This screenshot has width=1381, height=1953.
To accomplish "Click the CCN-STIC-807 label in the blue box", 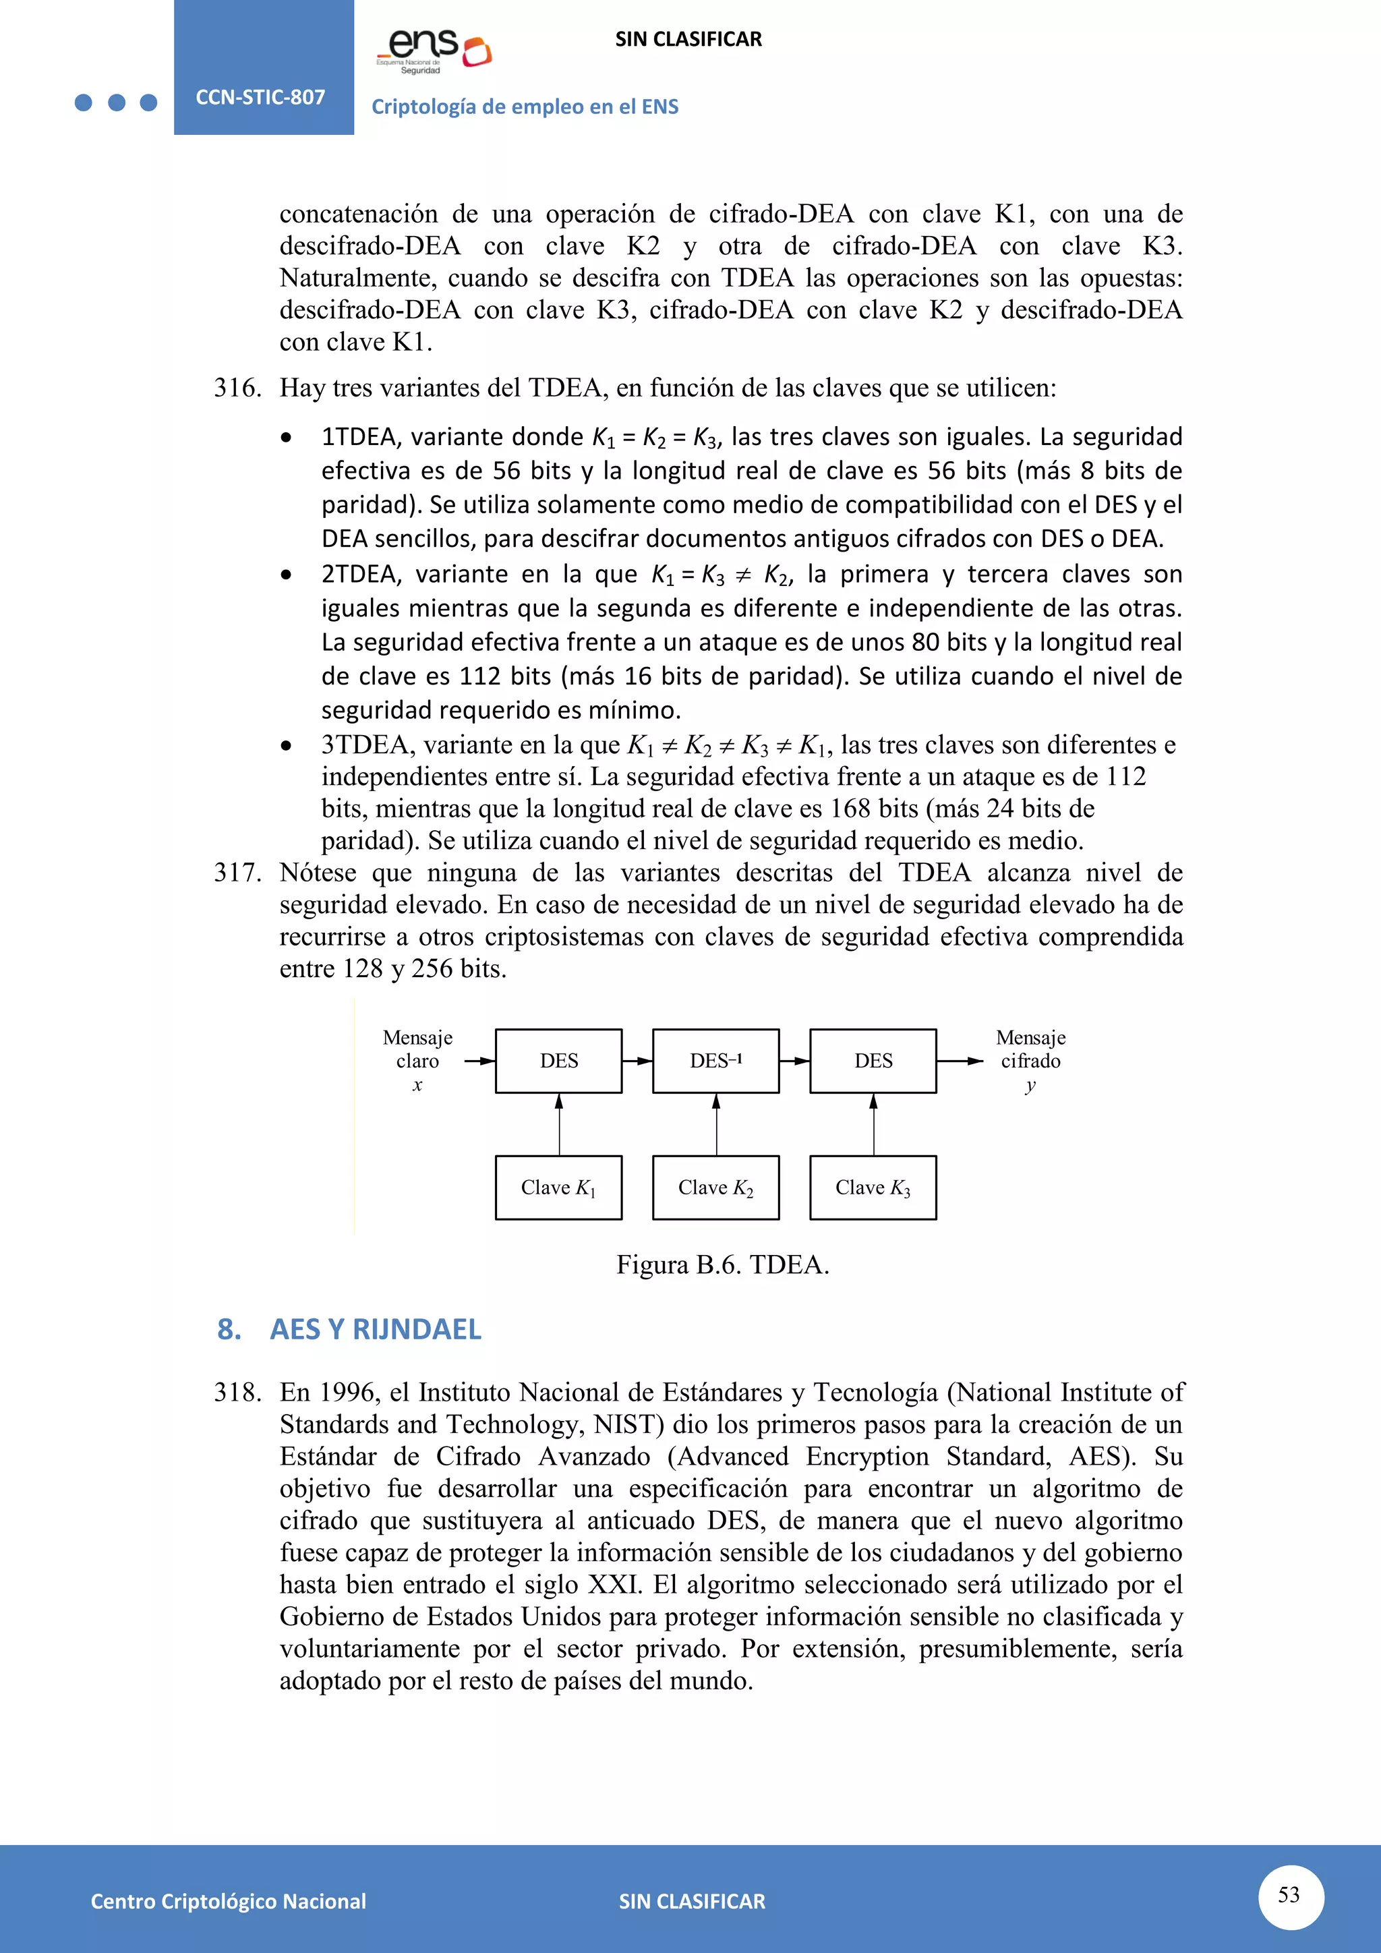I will point(260,97).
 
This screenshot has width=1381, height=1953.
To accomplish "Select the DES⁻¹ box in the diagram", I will point(715,1060).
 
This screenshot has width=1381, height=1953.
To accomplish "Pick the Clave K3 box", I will point(873,1187).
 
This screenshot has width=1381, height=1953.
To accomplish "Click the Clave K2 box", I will point(715,1187).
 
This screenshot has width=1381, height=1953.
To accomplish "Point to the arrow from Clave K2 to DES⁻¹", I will point(716,1124).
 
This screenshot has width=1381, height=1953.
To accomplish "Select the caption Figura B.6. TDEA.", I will point(722,1265).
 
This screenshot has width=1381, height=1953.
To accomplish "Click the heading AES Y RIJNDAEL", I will point(375,1329).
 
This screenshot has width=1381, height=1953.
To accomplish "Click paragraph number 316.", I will point(237,388).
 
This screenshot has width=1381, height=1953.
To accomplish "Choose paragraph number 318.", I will point(237,1393).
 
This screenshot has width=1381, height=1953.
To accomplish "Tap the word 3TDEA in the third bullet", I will point(368,745).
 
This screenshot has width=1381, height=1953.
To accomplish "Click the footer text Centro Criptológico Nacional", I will point(228,1900).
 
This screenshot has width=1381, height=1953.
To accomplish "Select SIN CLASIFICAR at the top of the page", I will point(688,39).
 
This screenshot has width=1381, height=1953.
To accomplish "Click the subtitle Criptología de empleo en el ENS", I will point(525,107).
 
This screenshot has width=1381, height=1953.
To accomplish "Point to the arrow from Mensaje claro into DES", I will point(479,1061).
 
